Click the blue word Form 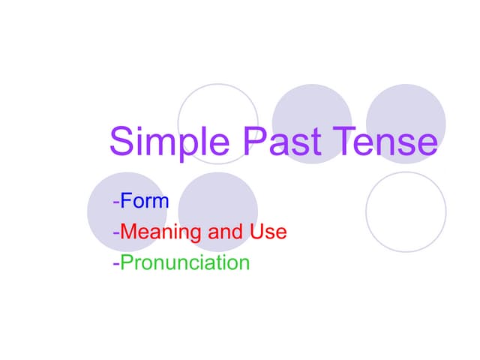click(x=145, y=202)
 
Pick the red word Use click(x=268, y=232)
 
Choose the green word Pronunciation click(x=184, y=263)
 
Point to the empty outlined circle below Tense click(x=406, y=211)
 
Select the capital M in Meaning click(x=129, y=232)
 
